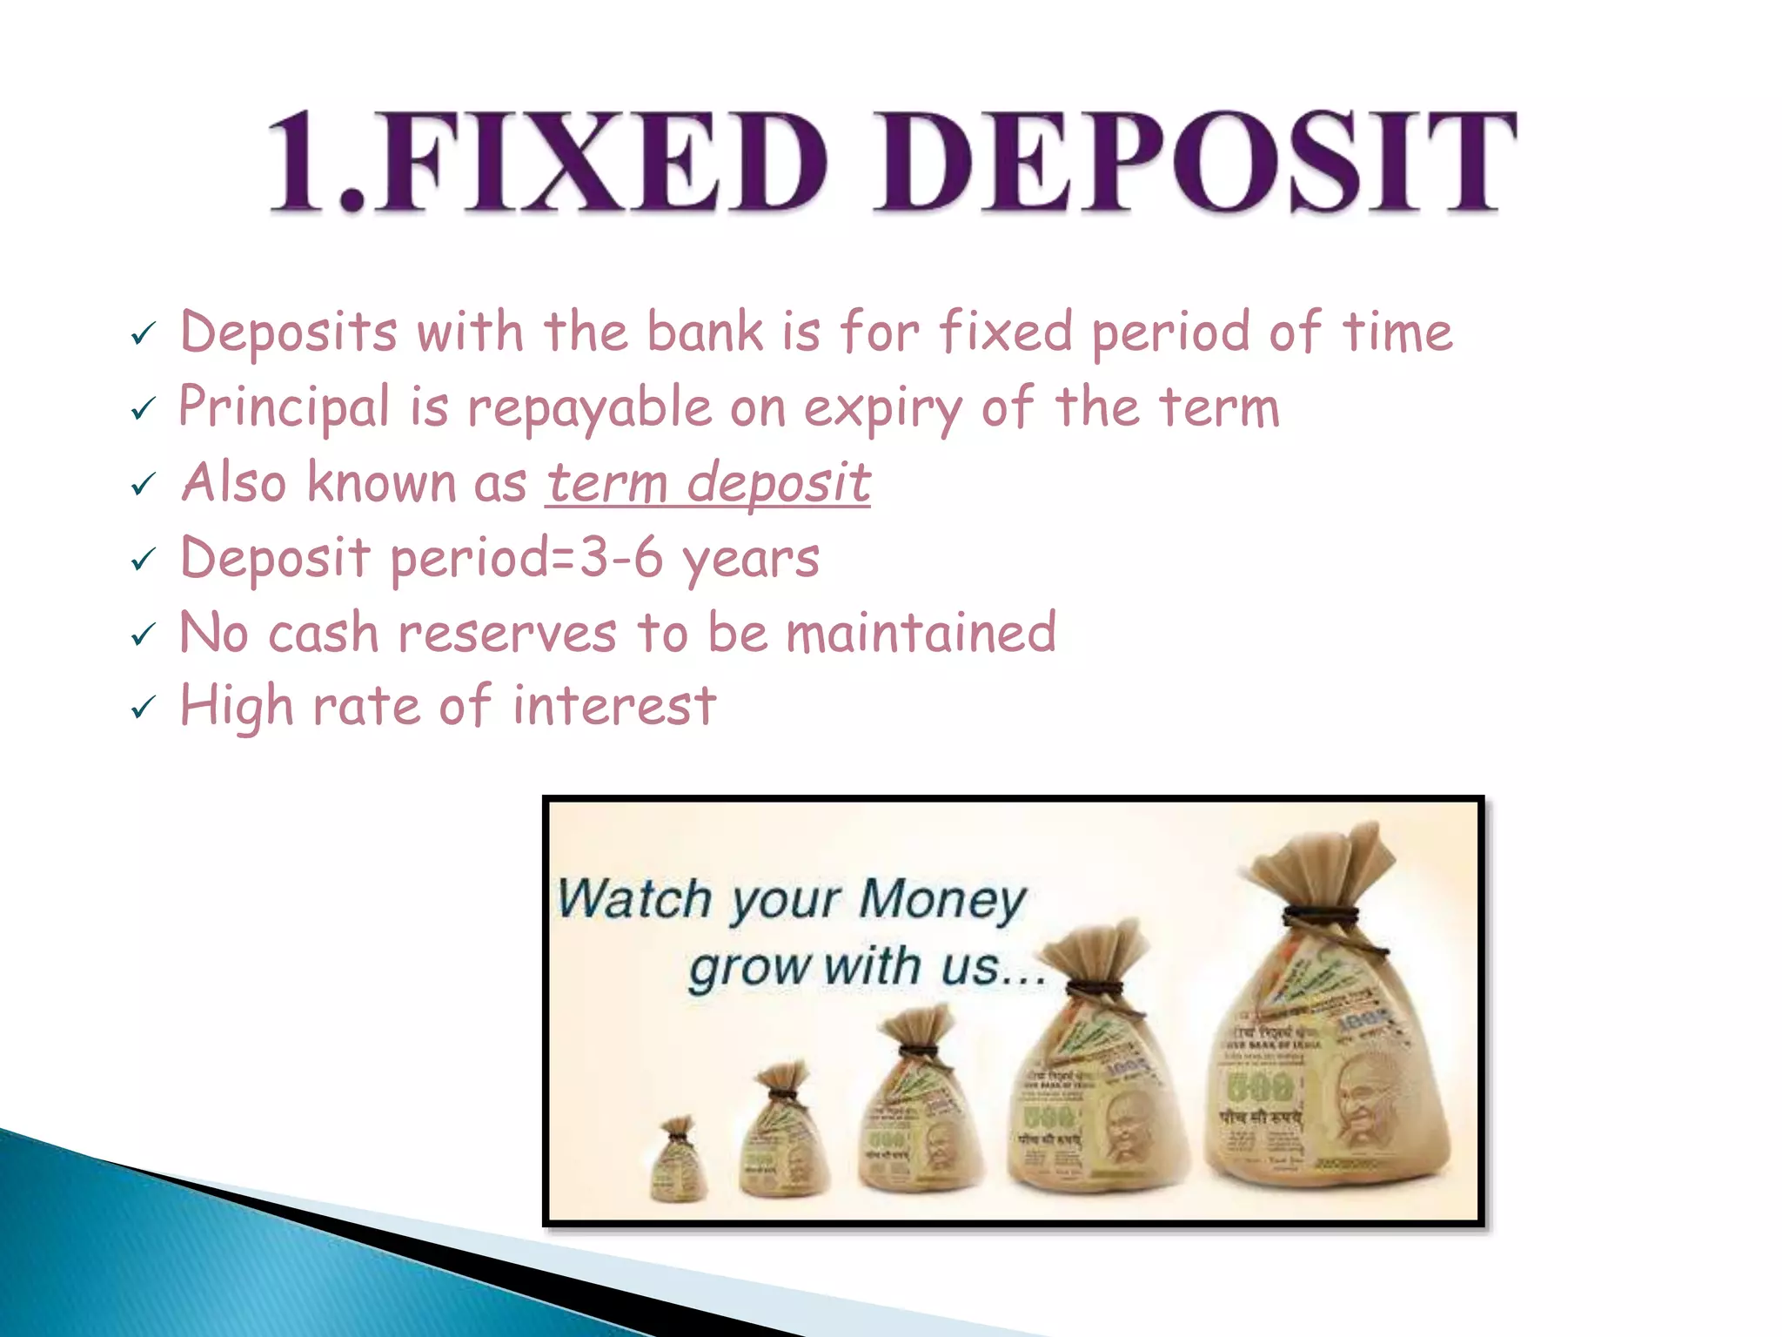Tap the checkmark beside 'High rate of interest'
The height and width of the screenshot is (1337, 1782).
tap(143, 707)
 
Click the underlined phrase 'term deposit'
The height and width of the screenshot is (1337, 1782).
tap(708, 483)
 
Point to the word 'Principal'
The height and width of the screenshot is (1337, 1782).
tap(285, 407)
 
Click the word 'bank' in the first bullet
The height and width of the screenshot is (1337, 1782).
tap(705, 333)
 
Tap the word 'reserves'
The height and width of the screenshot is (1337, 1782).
tap(507, 633)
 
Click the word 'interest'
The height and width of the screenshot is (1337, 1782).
tap(613, 706)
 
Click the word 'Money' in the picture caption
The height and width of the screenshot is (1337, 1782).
tap(942, 899)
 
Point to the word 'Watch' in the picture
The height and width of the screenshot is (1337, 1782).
tap(634, 899)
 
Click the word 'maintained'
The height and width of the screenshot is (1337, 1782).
tap(921, 633)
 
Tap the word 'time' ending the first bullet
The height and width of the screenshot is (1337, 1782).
tap(1397, 333)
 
